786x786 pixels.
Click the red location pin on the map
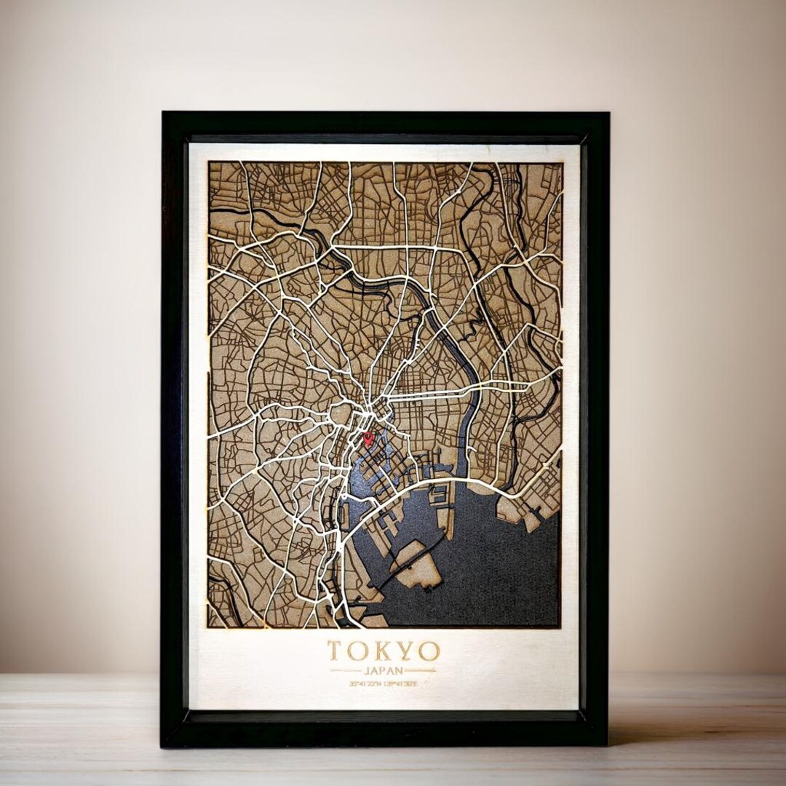pyautogui.click(x=368, y=438)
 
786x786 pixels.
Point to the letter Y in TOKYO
pyautogui.click(x=405, y=650)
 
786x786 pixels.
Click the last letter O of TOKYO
pyautogui.click(x=429, y=650)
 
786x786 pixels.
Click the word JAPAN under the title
pyautogui.click(x=383, y=670)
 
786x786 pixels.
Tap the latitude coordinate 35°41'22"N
pyautogui.click(x=365, y=684)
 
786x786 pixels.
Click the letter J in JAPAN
pyautogui.click(x=367, y=670)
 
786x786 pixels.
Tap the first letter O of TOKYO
pyautogui.click(x=357, y=650)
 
